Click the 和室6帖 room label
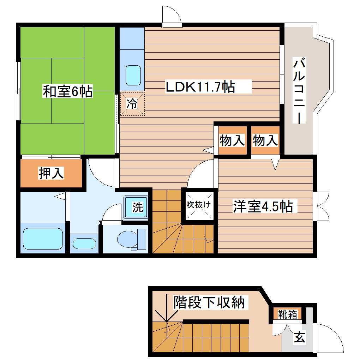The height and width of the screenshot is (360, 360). pyautogui.click(x=67, y=91)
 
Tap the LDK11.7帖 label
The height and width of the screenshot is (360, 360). pyautogui.click(x=200, y=86)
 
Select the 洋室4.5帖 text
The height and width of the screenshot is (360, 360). pyautogui.click(x=263, y=206)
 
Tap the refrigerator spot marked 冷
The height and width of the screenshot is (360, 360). pyautogui.click(x=132, y=104)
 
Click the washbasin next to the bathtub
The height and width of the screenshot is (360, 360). pyautogui.click(x=84, y=244)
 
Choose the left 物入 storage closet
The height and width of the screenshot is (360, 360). pyautogui.click(x=232, y=140)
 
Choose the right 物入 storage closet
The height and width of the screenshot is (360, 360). pyautogui.click(x=265, y=140)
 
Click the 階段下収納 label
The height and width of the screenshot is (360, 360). pyautogui.click(x=209, y=302)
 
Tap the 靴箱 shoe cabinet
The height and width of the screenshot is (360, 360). pyautogui.click(x=287, y=314)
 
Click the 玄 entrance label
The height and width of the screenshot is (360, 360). pyautogui.click(x=299, y=338)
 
